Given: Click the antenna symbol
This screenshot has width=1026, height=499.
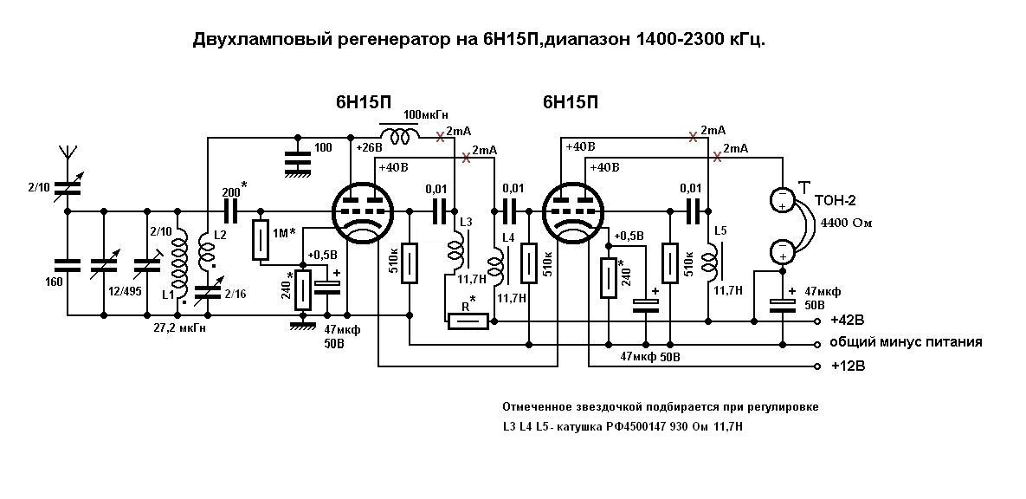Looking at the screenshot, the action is click(x=67, y=152).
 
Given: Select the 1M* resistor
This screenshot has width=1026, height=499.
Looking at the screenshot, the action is click(x=261, y=240).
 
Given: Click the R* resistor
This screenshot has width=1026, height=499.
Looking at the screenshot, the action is click(x=468, y=321).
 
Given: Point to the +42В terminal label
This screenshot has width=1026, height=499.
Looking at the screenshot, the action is click(x=847, y=321).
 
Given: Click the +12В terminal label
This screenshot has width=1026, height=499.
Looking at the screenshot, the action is click(x=848, y=366).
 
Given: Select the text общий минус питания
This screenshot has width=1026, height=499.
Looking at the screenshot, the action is click(x=906, y=342).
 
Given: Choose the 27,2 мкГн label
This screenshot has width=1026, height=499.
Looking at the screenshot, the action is click(x=178, y=328).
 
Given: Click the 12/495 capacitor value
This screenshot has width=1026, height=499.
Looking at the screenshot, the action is click(x=126, y=291).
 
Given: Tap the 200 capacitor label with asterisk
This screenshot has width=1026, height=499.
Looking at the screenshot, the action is click(x=234, y=191).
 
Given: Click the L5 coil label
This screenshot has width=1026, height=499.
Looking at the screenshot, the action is click(x=720, y=230).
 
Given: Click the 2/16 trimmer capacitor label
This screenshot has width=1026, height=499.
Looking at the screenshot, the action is click(x=235, y=294).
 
